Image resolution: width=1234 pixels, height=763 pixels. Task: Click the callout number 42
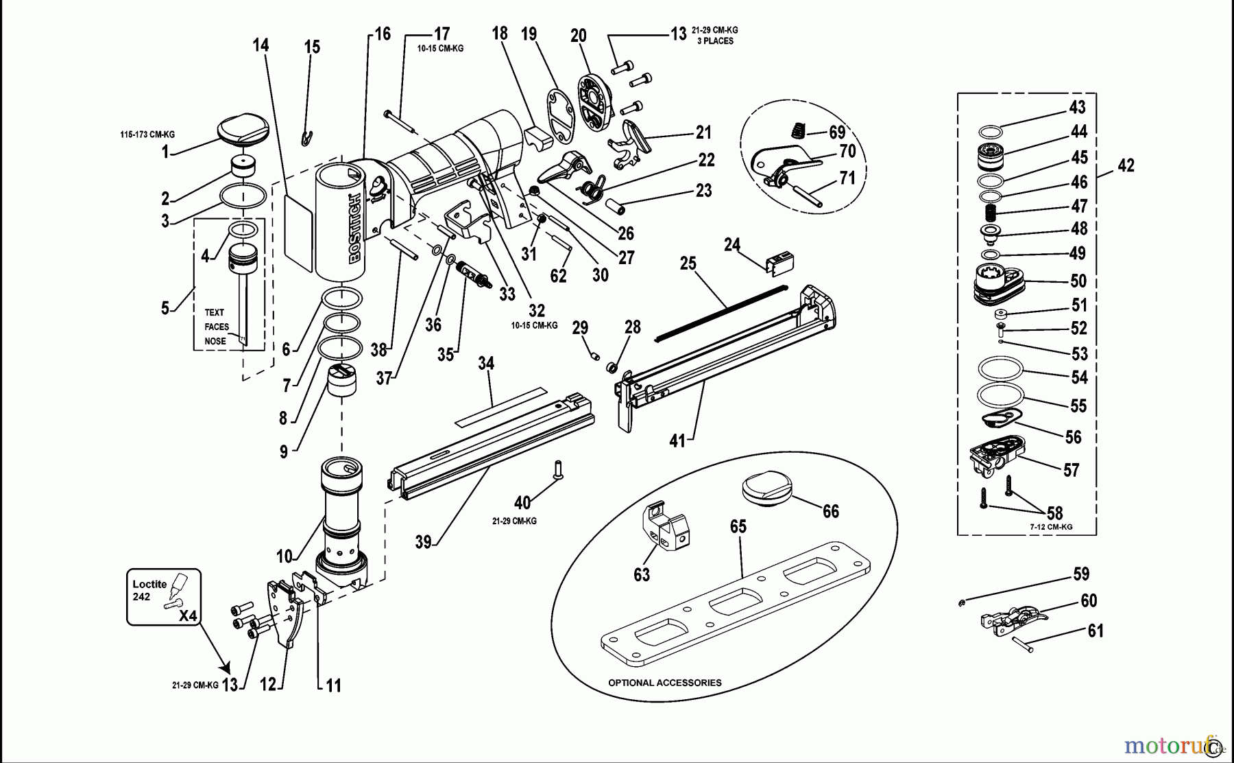pyautogui.click(x=1126, y=165)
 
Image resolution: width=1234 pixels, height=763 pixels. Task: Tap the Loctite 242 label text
pyautogui.click(x=149, y=590)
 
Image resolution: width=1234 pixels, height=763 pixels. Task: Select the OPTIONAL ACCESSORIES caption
pyautogui.click(x=664, y=683)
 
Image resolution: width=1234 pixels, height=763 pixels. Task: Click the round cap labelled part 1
pyautogui.click(x=243, y=130)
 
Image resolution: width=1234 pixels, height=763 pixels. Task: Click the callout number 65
pyautogui.click(x=738, y=526)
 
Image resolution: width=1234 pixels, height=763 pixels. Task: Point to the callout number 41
pyautogui.click(x=677, y=441)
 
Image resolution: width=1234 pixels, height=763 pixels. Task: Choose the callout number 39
pyautogui.click(x=424, y=542)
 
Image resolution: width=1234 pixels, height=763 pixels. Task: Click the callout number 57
pyautogui.click(x=1071, y=470)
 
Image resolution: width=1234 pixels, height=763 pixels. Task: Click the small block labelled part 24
pyautogui.click(x=779, y=263)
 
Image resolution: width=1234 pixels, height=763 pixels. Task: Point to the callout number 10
pyautogui.click(x=285, y=556)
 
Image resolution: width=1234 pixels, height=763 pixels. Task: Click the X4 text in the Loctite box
pyautogui.click(x=187, y=616)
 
